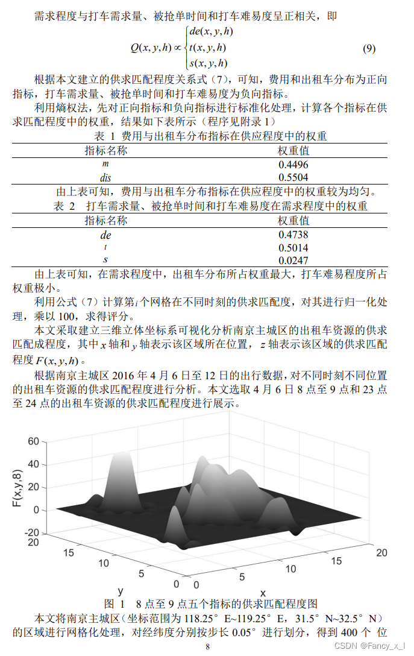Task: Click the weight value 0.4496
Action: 293,164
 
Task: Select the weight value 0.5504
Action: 293,177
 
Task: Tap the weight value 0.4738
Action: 293,235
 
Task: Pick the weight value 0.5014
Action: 293,247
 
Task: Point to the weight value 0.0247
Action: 293,260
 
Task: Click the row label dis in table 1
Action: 105,177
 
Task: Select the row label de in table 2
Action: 105,235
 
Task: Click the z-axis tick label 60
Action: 33,441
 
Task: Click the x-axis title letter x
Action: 263,593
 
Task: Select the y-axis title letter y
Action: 121,590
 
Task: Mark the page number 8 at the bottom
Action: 207,646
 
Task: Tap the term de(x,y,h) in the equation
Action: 211,31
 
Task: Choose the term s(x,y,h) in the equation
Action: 208,63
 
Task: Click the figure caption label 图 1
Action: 114,603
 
